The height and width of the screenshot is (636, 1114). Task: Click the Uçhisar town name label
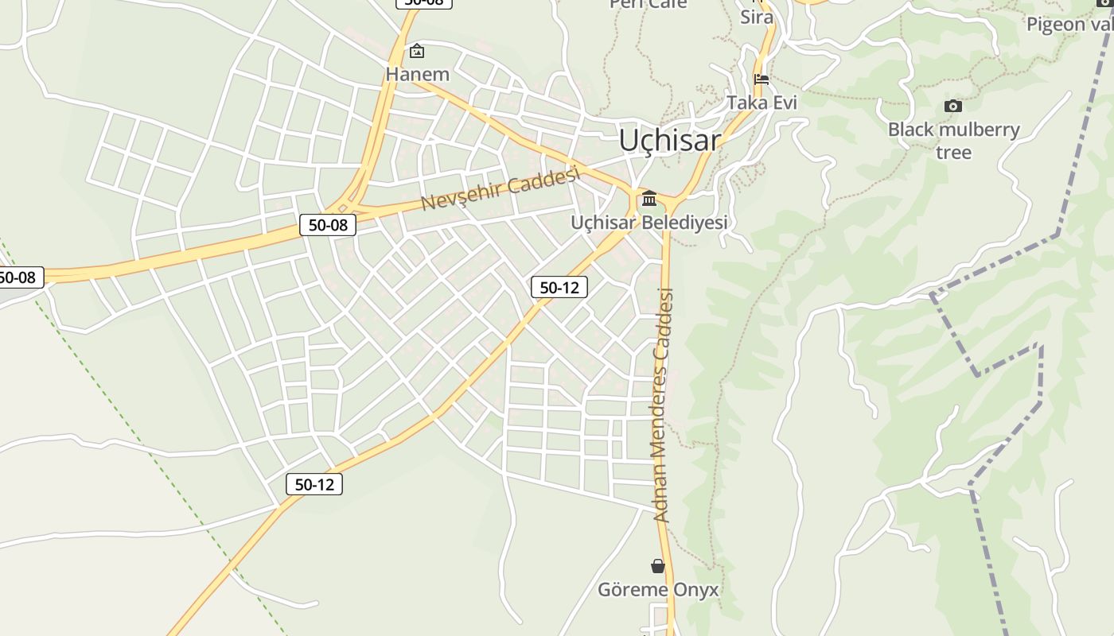(670, 141)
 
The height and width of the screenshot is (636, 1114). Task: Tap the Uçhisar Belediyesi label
(649, 223)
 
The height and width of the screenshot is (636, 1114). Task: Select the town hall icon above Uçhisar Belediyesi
(649, 198)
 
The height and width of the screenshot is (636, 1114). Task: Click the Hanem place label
(417, 75)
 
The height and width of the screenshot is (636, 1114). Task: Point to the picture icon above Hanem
(417, 52)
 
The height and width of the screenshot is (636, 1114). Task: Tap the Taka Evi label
(761, 103)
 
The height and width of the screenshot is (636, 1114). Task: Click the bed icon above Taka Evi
(761, 79)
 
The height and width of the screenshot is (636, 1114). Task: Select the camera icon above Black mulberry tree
(952, 106)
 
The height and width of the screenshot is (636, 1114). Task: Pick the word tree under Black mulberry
(953, 152)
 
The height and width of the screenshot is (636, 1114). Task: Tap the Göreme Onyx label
(658, 590)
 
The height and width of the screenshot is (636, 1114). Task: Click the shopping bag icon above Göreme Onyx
(658, 566)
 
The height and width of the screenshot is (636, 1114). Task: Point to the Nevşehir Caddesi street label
(499, 190)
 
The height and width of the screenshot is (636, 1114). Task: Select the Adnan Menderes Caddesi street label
(663, 405)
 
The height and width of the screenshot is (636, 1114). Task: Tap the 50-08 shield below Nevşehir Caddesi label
(328, 225)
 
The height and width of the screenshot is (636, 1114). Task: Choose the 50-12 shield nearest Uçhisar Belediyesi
(559, 288)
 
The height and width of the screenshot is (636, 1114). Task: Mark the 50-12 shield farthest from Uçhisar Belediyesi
(314, 484)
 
